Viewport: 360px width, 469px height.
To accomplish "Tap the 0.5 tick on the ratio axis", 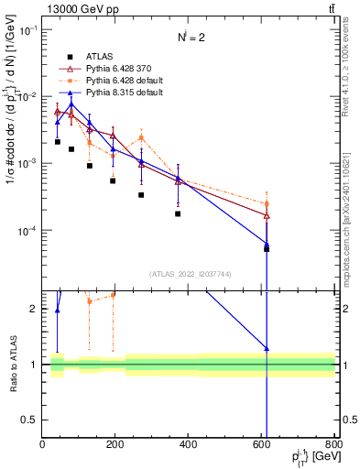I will tap(30, 420).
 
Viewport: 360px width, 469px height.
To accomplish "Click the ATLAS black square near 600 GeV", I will tap(267, 248).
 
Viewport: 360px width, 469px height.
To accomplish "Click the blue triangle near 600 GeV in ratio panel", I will tap(267, 349).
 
